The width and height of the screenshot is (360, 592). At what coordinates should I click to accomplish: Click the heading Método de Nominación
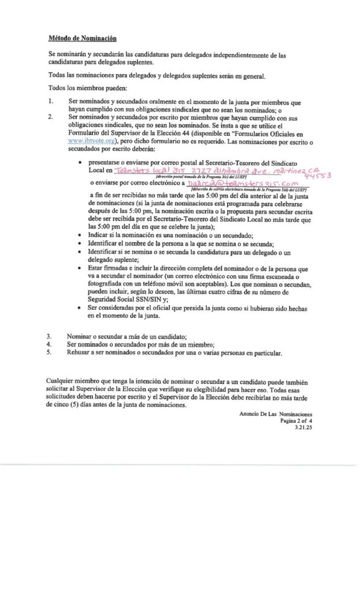[x=82, y=39]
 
